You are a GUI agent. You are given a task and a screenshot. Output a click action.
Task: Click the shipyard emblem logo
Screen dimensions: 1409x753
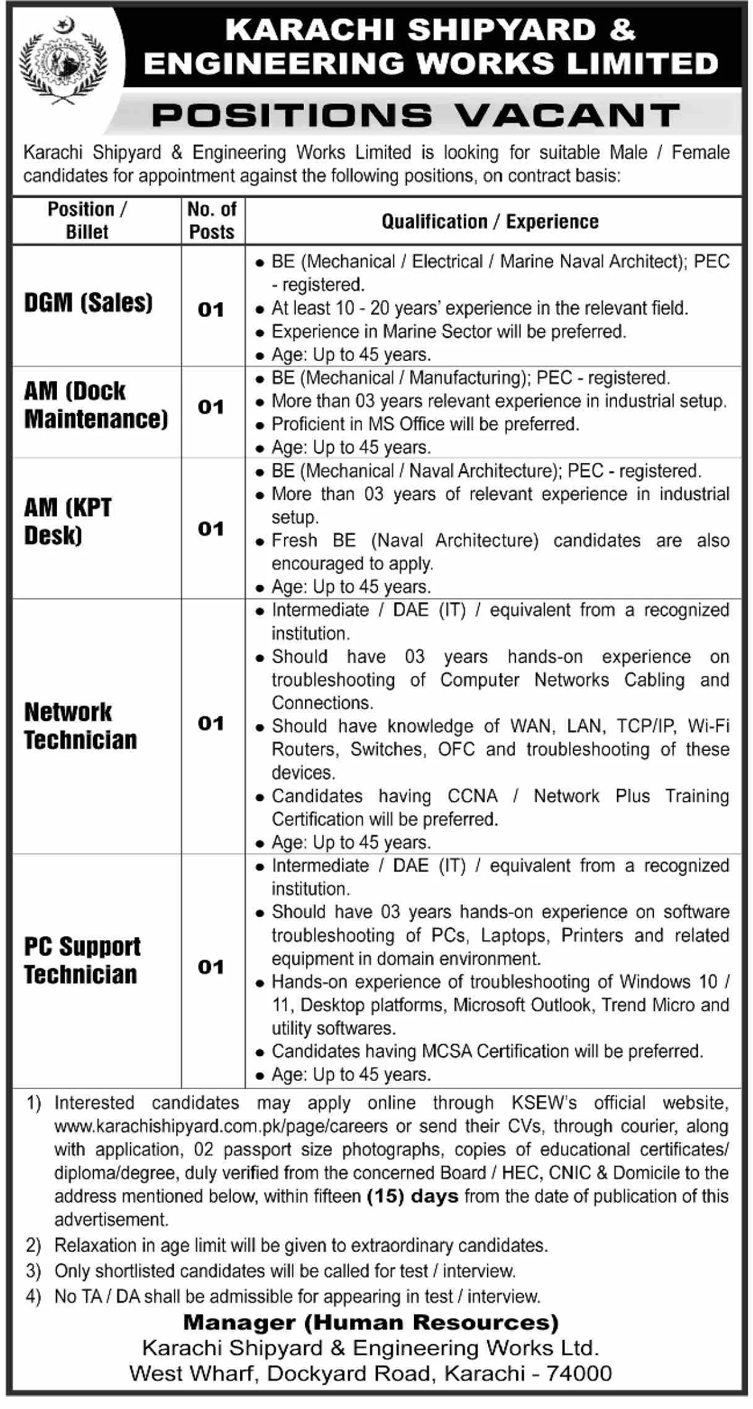tap(63, 61)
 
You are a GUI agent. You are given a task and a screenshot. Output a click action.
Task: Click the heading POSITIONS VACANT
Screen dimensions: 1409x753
tap(416, 115)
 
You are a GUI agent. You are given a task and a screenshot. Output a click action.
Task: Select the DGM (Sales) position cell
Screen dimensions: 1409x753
tap(88, 303)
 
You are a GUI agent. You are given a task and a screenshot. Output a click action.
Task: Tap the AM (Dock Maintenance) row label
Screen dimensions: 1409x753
tap(96, 405)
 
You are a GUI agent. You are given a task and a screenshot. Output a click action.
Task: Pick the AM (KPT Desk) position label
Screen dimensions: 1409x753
tap(68, 522)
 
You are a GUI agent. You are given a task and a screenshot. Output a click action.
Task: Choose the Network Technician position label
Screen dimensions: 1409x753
tap(80, 726)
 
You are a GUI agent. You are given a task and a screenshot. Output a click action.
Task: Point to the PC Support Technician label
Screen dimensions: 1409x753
tap(82, 960)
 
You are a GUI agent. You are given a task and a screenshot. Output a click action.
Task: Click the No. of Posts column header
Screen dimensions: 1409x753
tap(212, 220)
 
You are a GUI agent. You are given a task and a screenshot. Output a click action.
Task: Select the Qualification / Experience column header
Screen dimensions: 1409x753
tap(490, 222)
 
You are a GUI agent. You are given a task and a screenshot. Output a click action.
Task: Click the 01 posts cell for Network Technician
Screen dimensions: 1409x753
tap(211, 723)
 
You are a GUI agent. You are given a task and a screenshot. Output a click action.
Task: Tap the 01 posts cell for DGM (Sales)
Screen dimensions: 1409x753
tap(211, 310)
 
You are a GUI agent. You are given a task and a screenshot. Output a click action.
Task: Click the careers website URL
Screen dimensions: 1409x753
tap(221, 1125)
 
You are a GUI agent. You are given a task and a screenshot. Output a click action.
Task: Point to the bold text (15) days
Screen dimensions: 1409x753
tap(413, 1195)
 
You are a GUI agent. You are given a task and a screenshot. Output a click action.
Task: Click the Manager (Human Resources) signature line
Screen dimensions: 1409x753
tap(371, 1322)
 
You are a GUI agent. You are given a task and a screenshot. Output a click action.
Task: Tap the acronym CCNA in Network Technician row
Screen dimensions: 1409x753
tap(473, 796)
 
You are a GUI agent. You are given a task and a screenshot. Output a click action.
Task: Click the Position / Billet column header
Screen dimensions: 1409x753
tap(87, 220)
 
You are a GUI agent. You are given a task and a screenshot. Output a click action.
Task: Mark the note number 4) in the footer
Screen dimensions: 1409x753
tap(33, 1296)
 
